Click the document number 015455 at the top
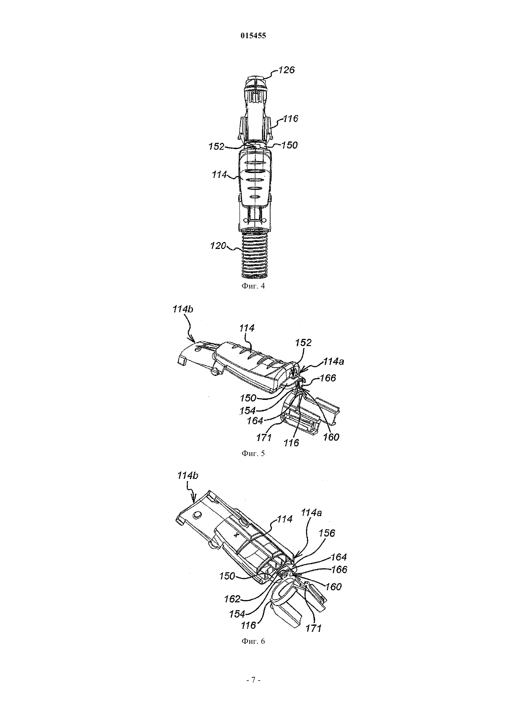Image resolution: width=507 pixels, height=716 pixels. tap(253, 36)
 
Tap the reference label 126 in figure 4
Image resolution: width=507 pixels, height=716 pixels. tap(287, 70)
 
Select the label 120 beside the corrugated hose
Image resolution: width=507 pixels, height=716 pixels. tap(218, 246)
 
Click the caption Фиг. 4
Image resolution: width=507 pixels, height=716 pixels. tap(253, 286)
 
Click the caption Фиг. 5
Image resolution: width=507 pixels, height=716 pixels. tap(253, 453)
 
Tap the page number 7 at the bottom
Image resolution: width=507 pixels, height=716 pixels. tap(253, 680)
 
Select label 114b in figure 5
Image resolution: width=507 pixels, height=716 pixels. tap(183, 309)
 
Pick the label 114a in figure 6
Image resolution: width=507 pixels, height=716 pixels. tap(312, 513)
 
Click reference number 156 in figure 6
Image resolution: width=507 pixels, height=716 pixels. tap(327, 533)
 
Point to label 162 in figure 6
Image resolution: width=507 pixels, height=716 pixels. tap(232, 599)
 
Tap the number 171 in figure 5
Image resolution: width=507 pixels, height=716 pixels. tap(264, 437)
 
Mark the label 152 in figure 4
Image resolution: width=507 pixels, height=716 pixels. tap(217, 147)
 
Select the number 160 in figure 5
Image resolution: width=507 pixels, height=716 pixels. tap(331, 437)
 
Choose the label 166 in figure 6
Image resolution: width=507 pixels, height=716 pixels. tap(339, 570)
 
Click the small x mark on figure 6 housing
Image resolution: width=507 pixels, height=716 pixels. tap(237, 535)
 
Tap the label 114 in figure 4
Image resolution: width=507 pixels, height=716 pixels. tap(219, 175)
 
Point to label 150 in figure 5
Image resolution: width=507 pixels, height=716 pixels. tap(248, 398)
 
